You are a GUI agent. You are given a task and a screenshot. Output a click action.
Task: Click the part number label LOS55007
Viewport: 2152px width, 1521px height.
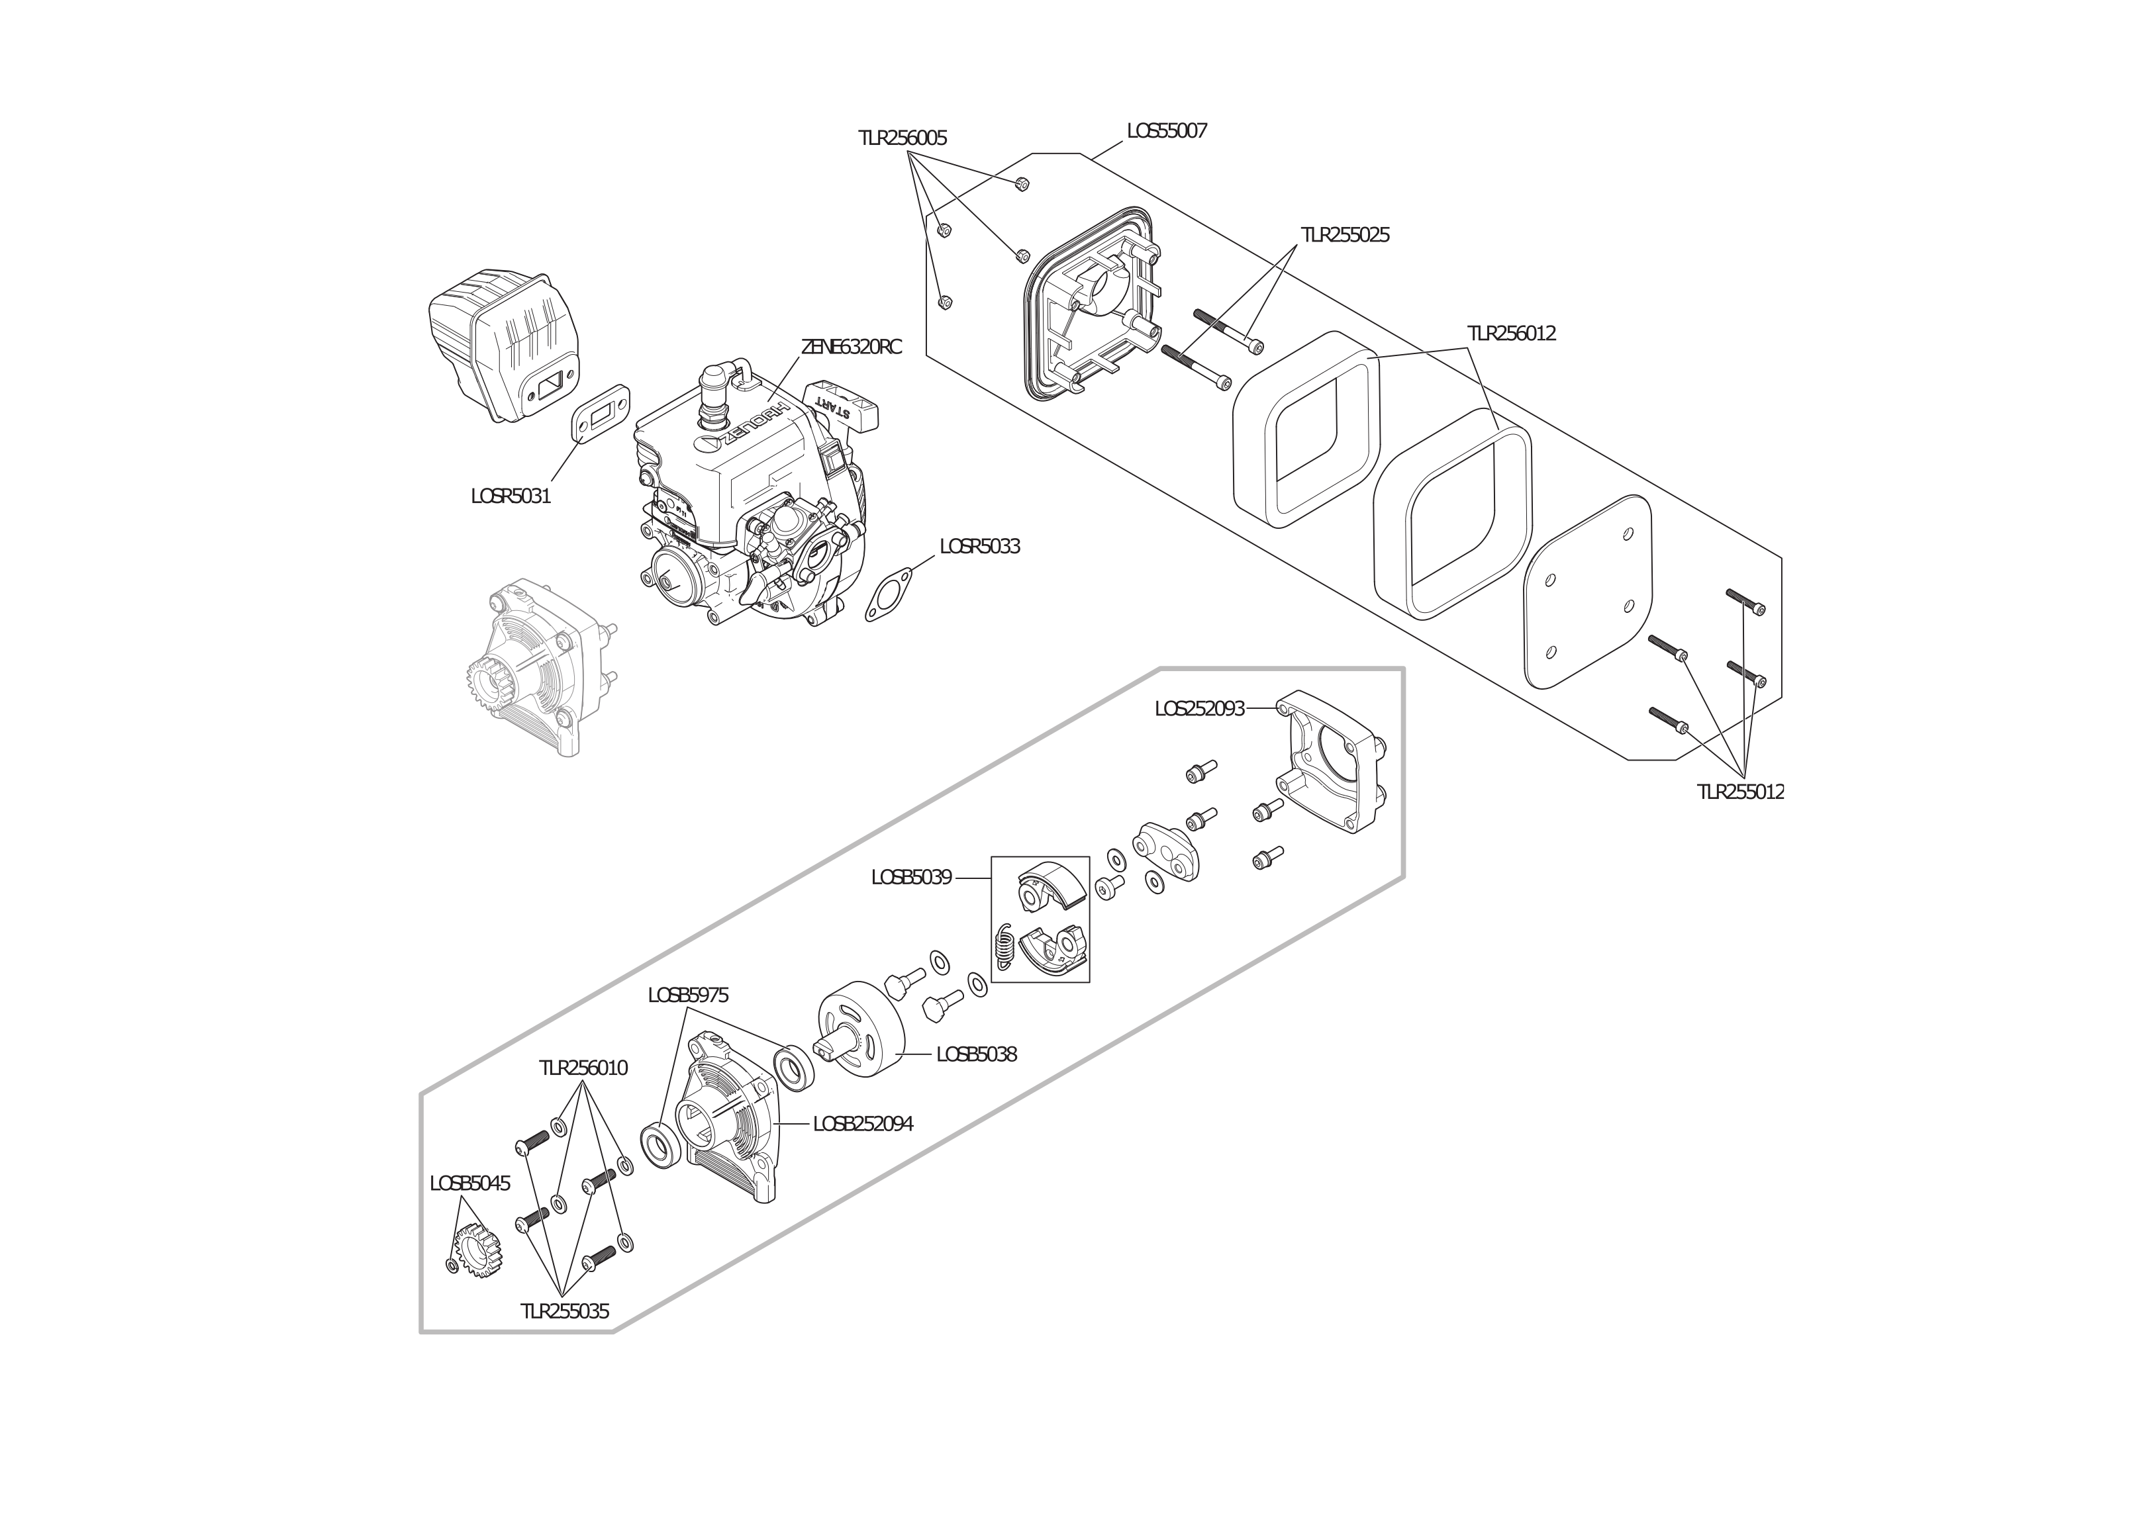[x=1167, y=131]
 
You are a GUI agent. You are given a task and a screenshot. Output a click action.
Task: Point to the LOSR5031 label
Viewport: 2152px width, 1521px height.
[x=511, y=496]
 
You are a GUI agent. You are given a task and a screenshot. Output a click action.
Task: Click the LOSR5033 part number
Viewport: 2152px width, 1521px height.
[x=979, y=545]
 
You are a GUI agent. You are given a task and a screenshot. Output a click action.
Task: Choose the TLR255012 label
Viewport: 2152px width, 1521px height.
[x=1741, y=792]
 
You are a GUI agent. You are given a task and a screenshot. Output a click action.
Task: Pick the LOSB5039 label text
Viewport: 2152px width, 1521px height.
[x=911, y=877]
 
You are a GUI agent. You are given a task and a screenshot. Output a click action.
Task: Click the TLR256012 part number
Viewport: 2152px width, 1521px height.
[x=1511, y=334]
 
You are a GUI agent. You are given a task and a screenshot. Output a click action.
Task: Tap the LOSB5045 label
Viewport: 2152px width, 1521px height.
[x=469, y=1183]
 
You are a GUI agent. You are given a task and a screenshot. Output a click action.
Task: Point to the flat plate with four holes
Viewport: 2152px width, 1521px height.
[x=1588, y=593]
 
